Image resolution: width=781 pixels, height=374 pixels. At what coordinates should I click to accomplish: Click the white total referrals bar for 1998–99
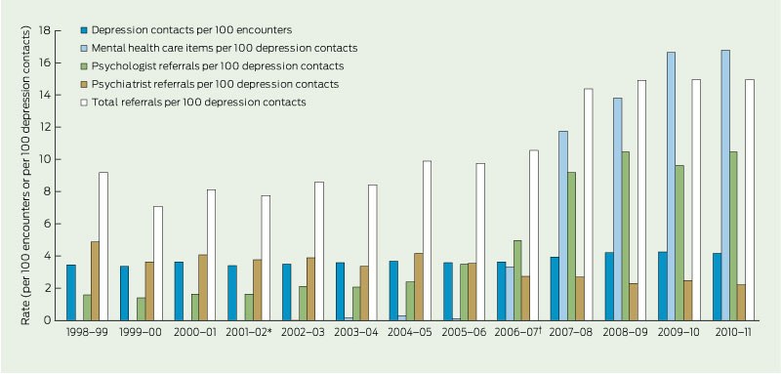click(x=103, y=246)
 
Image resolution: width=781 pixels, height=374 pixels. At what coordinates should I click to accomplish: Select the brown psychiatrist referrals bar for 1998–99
click(x=95, y=281)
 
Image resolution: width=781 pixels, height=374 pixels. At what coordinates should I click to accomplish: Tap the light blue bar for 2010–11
click(x=725, y=186)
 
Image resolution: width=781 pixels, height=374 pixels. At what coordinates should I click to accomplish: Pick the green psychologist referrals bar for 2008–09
click(x=626, y=236)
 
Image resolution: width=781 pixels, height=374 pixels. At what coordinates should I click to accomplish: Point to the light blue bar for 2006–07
click(x=510, y=294)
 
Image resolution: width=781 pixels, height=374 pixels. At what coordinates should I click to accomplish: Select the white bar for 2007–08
click(x=589, y=205)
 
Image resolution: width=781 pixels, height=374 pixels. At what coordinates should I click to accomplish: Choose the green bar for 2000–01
click(x=195, y=308)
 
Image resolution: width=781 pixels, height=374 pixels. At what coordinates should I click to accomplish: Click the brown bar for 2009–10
click(x=688, y=301)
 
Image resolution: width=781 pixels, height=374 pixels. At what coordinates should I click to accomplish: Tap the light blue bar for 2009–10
click(x=672, y=187)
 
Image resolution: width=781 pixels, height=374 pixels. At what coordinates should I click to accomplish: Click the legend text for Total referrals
click(x=199, y=103)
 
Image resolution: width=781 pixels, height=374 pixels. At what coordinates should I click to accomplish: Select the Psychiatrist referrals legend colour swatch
click(x=85, y=85)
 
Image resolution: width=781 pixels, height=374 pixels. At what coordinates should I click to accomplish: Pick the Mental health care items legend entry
click(x=220, y=48)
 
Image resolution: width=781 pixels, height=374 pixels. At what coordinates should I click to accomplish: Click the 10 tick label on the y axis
click(x=44, y=159)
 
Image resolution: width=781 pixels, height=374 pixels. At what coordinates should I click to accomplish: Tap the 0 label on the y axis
click(x=47, y=320)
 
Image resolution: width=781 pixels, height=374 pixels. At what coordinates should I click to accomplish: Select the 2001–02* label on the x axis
click(x=249, y=333)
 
